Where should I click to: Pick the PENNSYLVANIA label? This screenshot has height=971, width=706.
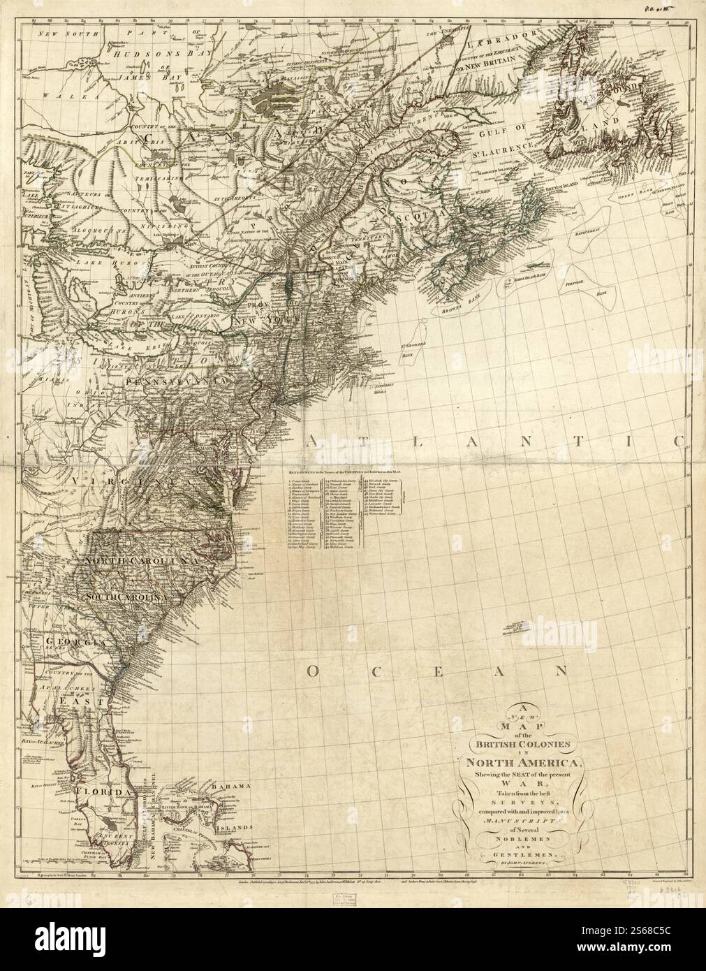[x=177, y=382]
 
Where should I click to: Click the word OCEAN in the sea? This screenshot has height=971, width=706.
[x=436, y=671]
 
